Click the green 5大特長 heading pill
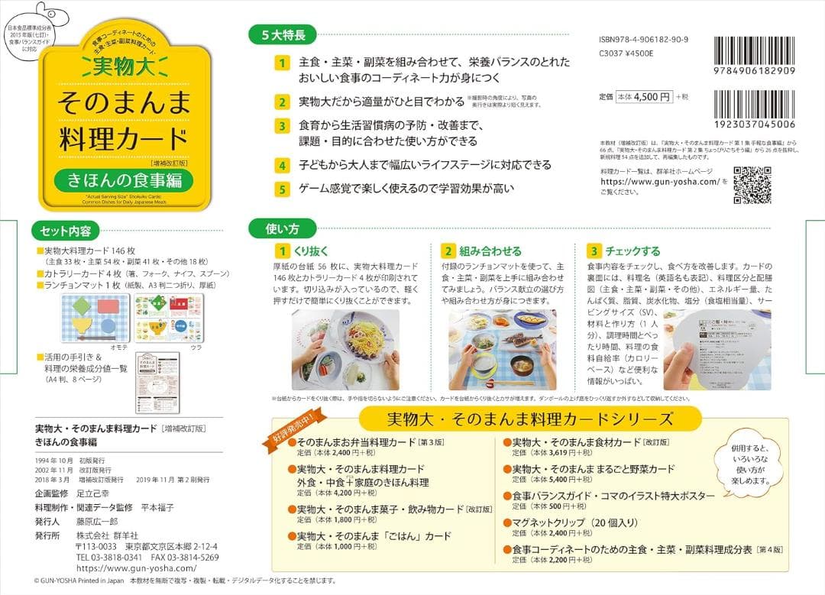283,34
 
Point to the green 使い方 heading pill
282,228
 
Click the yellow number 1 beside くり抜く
283,251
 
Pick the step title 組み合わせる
490,251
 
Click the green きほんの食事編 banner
123,182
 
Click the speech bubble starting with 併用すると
745,463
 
